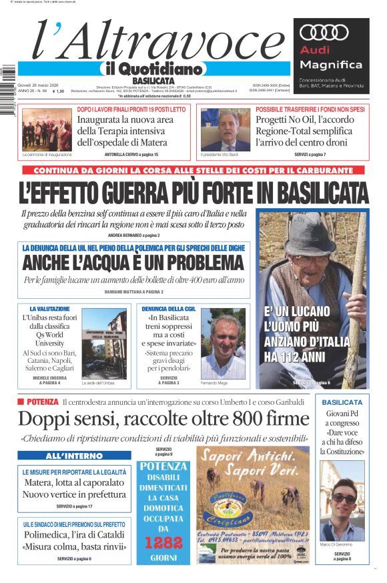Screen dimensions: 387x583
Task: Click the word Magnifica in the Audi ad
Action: pos(331,65)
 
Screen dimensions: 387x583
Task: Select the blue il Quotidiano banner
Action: pos(153,69)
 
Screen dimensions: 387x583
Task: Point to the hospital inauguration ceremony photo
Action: pos(46,129)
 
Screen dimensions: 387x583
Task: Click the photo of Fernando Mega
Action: pos(222,343)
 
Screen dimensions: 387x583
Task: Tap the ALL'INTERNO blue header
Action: pos(74,456)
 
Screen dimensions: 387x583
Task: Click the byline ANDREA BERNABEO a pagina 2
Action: pos(133,235)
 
